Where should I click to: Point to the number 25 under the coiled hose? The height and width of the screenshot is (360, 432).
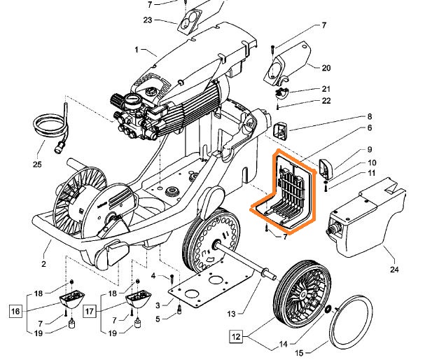click(x=36, y=165)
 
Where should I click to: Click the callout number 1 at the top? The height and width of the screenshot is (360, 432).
click(x=137, y=50)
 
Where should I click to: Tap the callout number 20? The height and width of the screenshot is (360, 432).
click(x=326, y=68)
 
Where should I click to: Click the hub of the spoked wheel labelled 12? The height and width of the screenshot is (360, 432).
click(x=303, y=298)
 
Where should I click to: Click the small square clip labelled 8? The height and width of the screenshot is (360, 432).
click(x=281, y=130)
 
